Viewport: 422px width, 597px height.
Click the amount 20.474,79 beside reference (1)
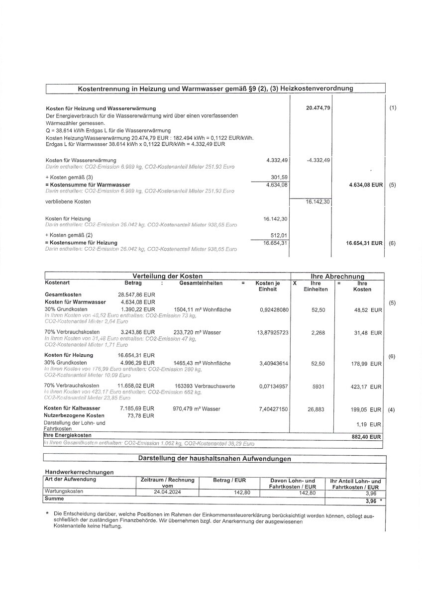point(318,108)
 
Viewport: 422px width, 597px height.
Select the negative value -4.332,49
point(319,160)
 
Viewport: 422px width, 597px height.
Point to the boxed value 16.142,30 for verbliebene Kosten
point(318,202)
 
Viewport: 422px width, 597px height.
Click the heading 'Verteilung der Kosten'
point(167,276)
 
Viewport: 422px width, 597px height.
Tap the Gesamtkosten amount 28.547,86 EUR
point(136,295)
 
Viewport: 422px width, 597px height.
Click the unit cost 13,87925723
point(273,332)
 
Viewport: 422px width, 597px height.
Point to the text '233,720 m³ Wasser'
point(195,332)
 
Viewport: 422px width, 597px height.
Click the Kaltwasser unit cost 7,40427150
point(273,409)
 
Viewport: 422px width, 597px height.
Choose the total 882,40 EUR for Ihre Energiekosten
point(366,437)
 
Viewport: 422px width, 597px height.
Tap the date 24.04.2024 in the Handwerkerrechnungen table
point(166,492)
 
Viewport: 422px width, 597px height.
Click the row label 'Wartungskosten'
point(64,492)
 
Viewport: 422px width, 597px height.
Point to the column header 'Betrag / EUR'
point(229,481)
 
